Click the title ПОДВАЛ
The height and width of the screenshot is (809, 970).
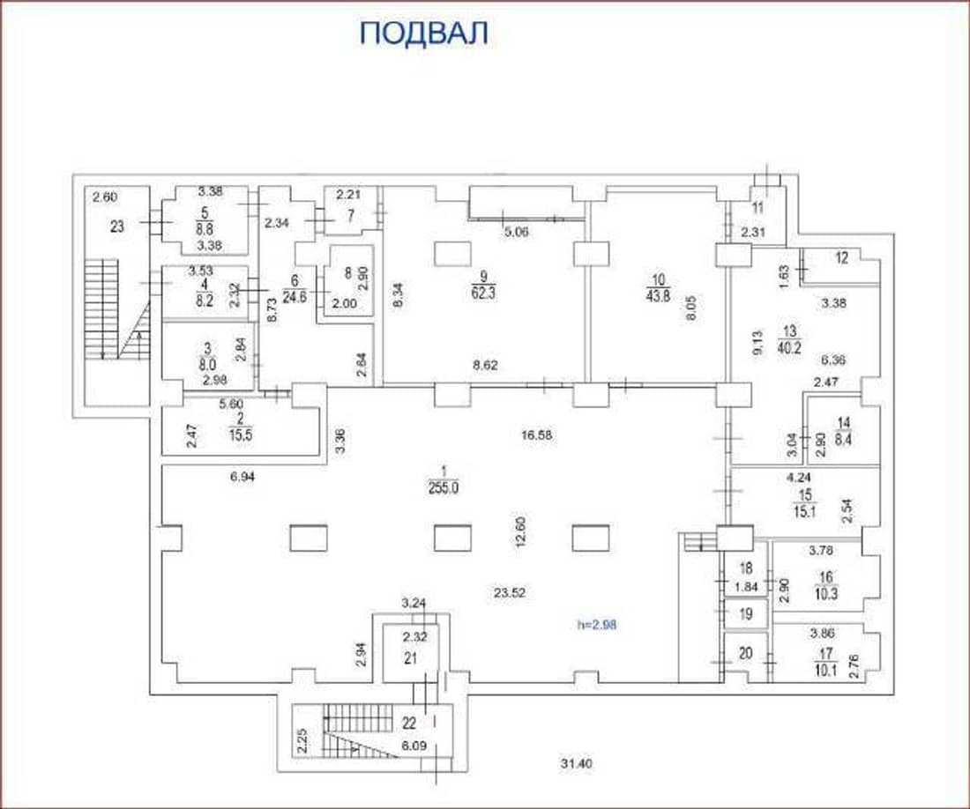[x=424, y=33]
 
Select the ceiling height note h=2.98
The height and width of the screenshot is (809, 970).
[x=596, y=625]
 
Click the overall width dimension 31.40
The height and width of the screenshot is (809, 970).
[x=577, y=764]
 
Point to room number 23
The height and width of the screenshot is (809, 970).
[x=117, y=226]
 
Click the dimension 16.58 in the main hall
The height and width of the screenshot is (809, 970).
[x=536, y=434]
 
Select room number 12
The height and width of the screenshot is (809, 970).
[x=841, y=258]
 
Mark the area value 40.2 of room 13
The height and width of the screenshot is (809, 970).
[x=790, y=347]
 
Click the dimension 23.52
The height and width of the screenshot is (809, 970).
[x=510, y=593]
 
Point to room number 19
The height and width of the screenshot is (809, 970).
[x=746, y=614]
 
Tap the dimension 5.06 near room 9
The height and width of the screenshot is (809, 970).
[x=517, y=233]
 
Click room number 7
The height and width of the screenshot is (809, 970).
[x=351, y=216]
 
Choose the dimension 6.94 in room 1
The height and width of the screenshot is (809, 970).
[x=242, y=476]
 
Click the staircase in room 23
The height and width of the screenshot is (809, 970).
[x=117, y=309]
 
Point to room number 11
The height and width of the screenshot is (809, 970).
[x=757, y=208]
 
